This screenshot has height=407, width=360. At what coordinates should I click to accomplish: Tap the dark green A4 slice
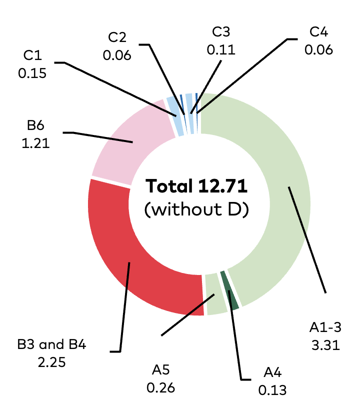point(229,290)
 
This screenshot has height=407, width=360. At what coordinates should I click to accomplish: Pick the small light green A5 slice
point(215,294)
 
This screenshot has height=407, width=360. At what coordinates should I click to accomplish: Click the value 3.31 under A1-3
point(325,345)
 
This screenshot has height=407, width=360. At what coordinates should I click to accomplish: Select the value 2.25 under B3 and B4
point(51,362)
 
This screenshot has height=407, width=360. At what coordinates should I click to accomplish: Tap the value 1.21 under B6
point(35,143)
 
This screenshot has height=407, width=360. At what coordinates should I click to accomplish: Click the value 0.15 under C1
point(32,73)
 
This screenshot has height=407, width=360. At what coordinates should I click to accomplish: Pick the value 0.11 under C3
point(221,49)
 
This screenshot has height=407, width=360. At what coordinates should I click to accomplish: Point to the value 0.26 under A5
point(160,388)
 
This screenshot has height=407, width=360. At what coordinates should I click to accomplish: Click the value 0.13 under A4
point(272,390)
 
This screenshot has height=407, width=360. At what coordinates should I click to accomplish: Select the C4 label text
point(318,32)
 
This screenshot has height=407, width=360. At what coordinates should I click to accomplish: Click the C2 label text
point(117,37)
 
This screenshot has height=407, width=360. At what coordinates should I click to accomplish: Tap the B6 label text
point(35,125)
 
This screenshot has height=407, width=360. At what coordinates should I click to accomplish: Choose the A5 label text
point(160,370)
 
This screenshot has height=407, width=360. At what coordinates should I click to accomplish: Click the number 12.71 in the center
point(222,186)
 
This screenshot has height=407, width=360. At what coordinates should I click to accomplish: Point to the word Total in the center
point(169,186)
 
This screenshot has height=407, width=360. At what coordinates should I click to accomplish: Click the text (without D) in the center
point(196,209)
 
